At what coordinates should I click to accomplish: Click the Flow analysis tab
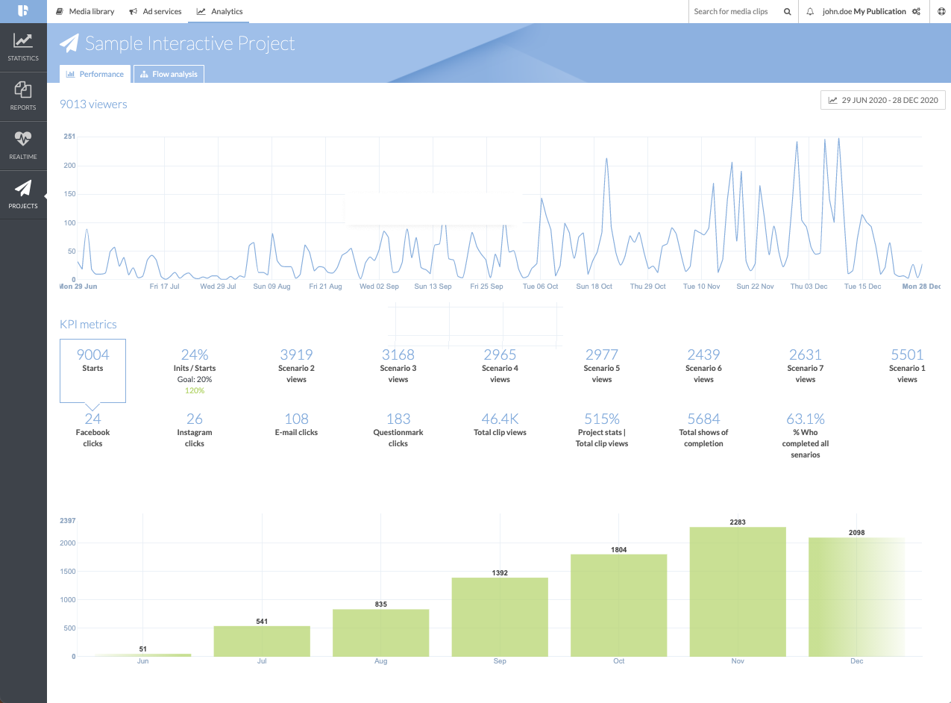169,74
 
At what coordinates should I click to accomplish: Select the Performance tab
95,74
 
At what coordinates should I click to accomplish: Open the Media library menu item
85,11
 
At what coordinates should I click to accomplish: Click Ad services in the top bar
156,11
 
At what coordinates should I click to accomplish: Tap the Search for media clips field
734,11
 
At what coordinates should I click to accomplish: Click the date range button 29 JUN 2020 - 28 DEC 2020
882,100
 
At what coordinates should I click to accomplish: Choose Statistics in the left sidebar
23,47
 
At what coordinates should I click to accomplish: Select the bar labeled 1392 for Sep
500,617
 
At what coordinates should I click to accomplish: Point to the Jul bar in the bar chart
262,641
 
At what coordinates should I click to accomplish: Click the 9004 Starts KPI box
92,369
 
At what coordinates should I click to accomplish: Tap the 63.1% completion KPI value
805,419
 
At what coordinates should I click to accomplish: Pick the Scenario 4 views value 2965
500,354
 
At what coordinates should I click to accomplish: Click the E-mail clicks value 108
296,419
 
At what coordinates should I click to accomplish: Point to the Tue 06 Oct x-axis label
540,287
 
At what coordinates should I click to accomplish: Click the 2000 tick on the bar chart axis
68,543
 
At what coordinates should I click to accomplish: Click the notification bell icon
810,12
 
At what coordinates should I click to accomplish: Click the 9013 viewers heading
93,104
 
